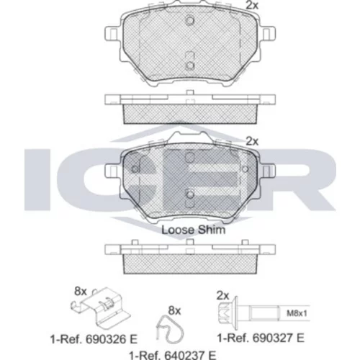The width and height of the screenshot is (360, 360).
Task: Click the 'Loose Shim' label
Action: pos(194,230)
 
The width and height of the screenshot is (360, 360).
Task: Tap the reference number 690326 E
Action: pos(94,339)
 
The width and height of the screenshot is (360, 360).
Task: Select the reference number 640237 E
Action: pos(173,355)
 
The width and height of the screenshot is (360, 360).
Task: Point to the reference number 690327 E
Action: pos(261,338)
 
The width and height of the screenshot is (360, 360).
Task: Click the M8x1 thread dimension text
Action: pos(297,313)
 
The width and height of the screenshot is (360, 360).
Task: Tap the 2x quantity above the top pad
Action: pos(252,5)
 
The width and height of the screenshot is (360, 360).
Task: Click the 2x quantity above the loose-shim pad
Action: pos(252,142)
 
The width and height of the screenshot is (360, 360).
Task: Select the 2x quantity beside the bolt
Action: pos(222,296)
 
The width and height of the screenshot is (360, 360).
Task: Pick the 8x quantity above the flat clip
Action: pos(80,292)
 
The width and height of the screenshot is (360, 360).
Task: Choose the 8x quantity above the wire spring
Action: pos(174,311)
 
